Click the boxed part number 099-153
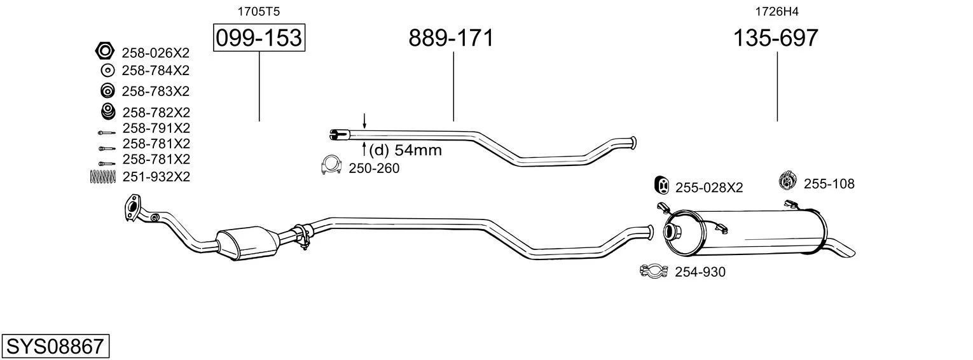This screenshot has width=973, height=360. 259,38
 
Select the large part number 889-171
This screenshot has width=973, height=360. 451,38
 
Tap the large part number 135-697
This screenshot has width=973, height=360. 775,38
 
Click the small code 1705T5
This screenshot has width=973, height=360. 258,11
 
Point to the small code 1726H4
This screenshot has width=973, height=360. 776,11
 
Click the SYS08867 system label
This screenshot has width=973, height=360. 55,346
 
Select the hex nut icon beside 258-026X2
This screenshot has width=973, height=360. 105,51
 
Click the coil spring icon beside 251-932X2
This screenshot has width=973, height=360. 103,176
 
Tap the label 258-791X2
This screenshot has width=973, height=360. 156,128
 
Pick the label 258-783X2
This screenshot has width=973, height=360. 156,92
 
